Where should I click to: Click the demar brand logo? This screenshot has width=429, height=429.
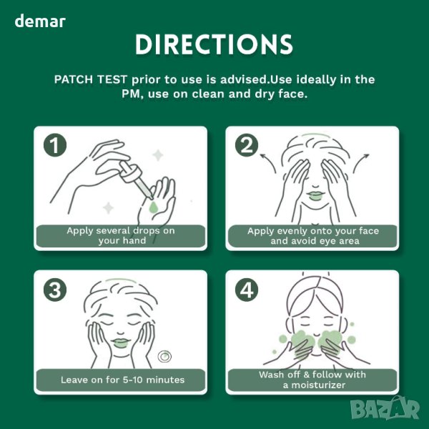coord(40,21)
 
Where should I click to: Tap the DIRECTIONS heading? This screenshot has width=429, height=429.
coord(214,44)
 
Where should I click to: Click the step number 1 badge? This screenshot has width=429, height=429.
coord(55,145)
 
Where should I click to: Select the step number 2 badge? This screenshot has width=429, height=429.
coord(247,145)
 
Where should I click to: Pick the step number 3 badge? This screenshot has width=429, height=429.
coord(55,290)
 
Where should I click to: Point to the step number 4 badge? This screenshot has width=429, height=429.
coord(247,290)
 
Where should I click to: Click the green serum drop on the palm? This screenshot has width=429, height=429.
coord(154,207)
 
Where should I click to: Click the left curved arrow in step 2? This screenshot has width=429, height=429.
coord(268,162)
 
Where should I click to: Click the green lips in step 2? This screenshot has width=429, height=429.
coord(315,195)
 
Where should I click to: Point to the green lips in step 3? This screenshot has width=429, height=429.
coord(121,342)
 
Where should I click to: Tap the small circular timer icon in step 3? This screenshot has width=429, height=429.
coord(164,357)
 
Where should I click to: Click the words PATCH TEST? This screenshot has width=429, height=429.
coord(91,79)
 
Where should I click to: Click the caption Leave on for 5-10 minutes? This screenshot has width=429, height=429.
coord(122,380)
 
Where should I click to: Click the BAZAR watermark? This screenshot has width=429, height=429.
coord(385,408)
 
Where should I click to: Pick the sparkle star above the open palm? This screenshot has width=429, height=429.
coord(158,155)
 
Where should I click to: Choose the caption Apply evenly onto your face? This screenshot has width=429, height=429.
coord(313,231)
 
